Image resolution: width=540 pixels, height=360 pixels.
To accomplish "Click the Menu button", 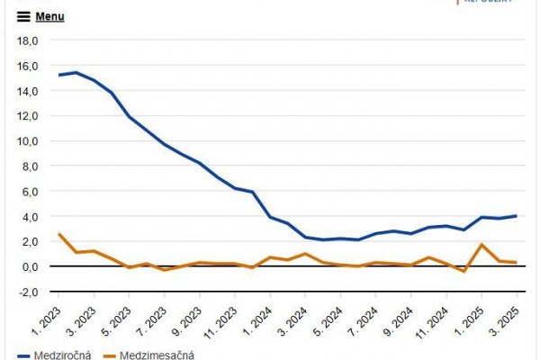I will tap(49, 16).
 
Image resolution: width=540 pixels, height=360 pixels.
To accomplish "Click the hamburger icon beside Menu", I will tap(23, 16).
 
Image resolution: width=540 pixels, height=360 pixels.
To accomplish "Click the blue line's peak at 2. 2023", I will tap(76, 72).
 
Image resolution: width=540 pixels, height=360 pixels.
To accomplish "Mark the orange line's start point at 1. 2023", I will tap(58, 234).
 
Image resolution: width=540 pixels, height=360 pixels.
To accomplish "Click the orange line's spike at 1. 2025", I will tap(482, 245).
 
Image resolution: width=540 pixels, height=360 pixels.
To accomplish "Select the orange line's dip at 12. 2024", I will tap(464, 271).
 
